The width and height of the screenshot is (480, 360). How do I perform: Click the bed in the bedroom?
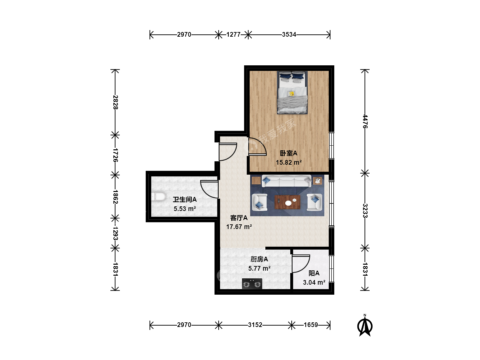(292, 92)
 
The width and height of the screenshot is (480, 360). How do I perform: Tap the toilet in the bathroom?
(158, 196)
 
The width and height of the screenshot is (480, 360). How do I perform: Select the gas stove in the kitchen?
(252, 284)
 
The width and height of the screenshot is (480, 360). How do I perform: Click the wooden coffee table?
(287, 202)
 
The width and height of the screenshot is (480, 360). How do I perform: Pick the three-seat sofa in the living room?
(286, 181)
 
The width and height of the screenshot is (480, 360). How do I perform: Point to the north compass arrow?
(365, 326)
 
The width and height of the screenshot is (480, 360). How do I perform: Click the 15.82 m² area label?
(289, 162)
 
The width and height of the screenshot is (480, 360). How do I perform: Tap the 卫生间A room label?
(185, 199)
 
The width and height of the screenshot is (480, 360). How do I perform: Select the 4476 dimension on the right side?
(365, 121)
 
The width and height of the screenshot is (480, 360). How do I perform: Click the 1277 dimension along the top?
(233, 35)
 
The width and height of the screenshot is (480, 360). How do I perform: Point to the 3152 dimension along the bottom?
(255, 325)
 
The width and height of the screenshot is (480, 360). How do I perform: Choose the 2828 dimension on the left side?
(115, 102)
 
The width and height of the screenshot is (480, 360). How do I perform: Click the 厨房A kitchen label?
(259, 259)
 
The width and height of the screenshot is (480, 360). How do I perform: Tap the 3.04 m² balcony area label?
(314, 282)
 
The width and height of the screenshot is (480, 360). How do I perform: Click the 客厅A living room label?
(239, 218)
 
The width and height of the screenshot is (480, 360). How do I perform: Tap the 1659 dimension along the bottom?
(311, 325)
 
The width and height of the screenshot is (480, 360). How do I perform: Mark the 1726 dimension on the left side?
(115, 155)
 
